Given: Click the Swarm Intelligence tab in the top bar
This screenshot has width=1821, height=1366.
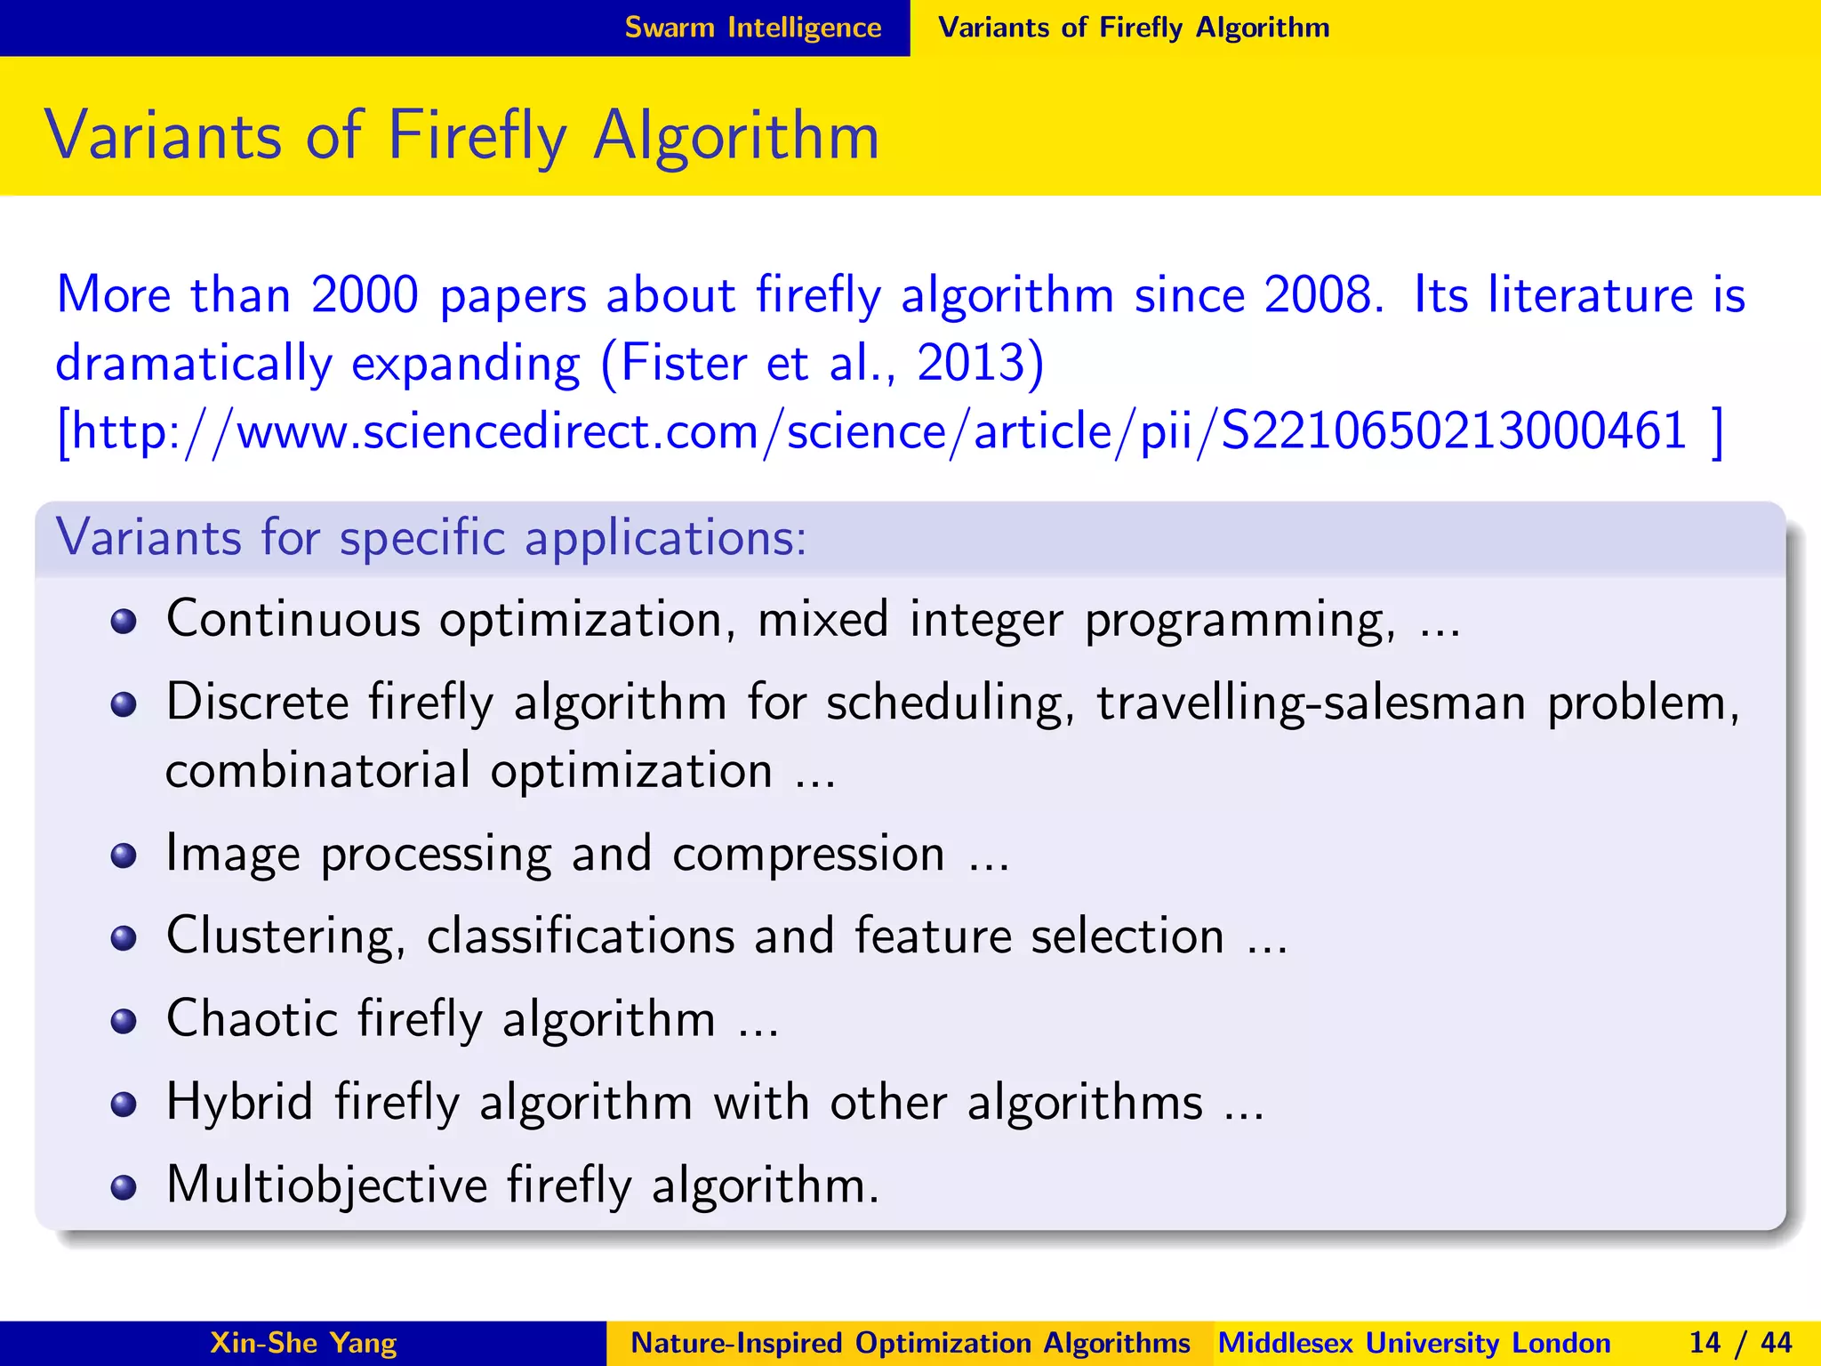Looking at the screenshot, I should tap(752, 28).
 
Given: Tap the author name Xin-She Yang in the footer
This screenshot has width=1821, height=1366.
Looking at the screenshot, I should tap(303, 1343).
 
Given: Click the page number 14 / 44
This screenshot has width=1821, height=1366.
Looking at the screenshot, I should tap(1740, 1343).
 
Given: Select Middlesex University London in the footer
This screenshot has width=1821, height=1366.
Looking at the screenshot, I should tap(1414, 1343).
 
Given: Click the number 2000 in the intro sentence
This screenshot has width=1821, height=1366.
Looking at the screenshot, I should tap(365, 295).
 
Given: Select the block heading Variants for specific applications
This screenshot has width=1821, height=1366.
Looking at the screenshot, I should tap(431, 538).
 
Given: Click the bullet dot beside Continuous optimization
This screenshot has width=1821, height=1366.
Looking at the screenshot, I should tap(124, 621).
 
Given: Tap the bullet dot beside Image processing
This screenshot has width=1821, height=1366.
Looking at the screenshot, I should tap(124, 856).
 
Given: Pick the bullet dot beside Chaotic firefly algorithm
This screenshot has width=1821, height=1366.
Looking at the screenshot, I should tap(124, 1021).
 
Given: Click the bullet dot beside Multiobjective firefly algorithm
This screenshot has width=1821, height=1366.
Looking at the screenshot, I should tap(124, 1186).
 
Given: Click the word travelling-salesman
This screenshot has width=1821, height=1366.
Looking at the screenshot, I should tap(1312, 703).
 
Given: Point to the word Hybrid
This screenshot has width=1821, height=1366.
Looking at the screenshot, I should tap(239, 1103).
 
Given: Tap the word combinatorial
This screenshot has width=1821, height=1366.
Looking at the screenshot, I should tap(318, 771).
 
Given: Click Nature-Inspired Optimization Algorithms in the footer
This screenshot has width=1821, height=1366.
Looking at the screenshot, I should tap(910, 1343).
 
